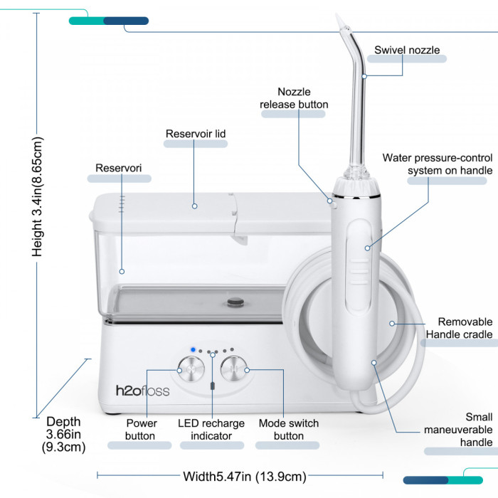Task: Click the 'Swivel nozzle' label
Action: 407,50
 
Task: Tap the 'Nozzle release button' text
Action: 294,98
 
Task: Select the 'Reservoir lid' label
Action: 196,134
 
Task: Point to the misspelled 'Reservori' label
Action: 119,168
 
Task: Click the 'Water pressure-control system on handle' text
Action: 438,164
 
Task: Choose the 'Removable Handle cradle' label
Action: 459,328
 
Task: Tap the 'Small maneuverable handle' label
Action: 458,430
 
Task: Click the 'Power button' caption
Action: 141,430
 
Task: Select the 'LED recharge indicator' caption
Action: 211,430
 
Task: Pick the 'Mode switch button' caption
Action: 289,430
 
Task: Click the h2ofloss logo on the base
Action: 142,391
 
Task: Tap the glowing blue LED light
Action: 193,350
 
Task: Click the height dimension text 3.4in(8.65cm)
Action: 38,196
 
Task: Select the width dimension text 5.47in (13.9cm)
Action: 245,477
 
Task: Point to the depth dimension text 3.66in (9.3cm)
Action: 63,434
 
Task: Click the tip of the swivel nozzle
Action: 337,14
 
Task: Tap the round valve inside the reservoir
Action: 235,302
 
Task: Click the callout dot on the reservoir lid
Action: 195,206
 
